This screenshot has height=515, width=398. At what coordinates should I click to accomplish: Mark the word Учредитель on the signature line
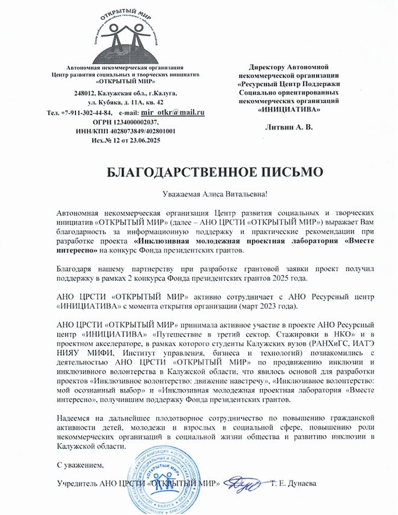pos(77,484)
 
